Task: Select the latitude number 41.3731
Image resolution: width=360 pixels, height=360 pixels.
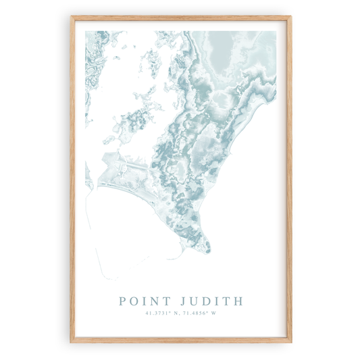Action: pyautogui.click(x=157, y=313)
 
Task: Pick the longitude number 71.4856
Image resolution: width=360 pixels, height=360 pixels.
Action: pyautogui.click(x=197, y=313)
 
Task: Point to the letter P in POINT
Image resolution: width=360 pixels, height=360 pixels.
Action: pyautogui.click(x=123, y=301)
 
